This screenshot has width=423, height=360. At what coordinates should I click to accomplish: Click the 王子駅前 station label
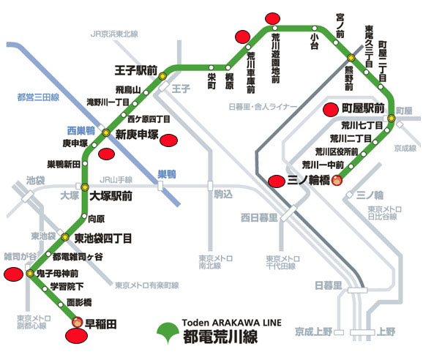[x=136, y=71]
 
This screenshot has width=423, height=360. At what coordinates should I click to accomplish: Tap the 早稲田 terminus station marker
[x=78, y=320]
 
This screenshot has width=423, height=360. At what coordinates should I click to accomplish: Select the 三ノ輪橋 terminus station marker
[x=337, y=181]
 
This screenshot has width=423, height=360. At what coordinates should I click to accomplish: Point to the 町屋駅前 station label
[x=364, y=108]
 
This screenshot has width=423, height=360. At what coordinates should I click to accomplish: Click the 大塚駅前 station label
[x=111, y=196]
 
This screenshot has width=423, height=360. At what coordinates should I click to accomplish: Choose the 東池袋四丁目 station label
[x=103, y=237]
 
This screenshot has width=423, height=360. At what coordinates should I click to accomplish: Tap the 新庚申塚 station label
[x=138, y=133]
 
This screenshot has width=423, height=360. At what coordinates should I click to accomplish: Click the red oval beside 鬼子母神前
[x=14, y=274]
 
